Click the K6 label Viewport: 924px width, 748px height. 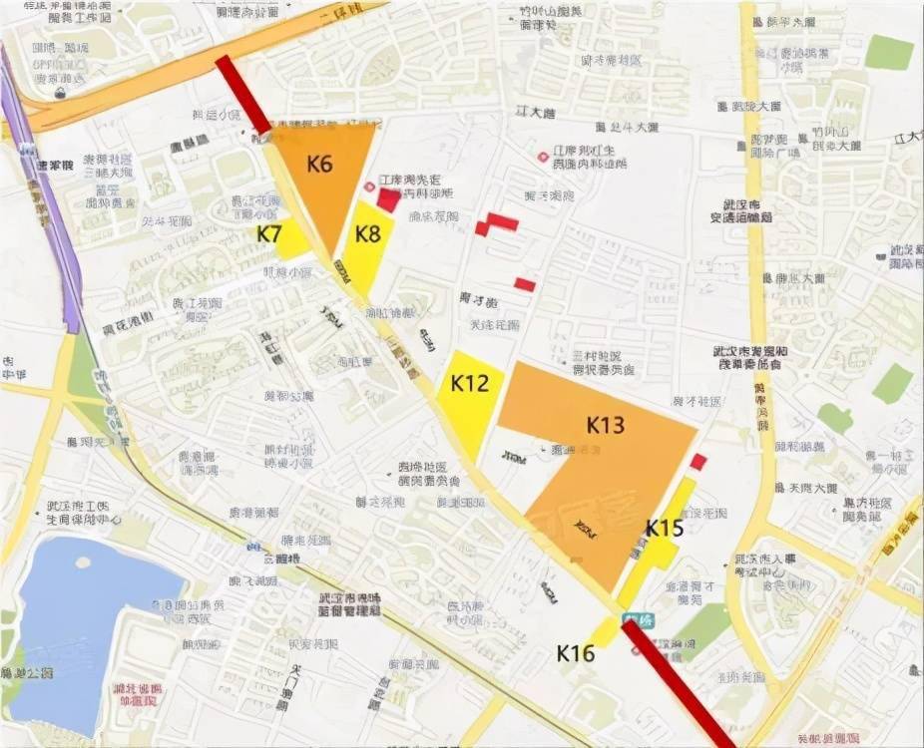click(x=319, y=165)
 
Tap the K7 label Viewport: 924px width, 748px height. click(x=268, y=234)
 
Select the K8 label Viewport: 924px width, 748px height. click(x=368, y=234)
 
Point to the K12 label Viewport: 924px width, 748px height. click(x=469, y=383)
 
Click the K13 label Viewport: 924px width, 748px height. click(x=606, y=425)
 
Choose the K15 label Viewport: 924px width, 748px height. click(x=664, y=527)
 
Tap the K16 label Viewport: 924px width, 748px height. click(x=576, y=653)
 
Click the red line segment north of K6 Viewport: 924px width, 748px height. click(x=243, y=94)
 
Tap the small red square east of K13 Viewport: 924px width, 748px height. click(x=698, y=461)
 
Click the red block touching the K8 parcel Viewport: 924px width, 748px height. click(x=388, y=199)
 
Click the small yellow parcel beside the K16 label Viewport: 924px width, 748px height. click(x=604, y=632)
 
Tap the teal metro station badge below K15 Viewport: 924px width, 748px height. click(x=631, y=619)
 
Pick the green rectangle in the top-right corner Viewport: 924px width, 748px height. click(x=888, y=52)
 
